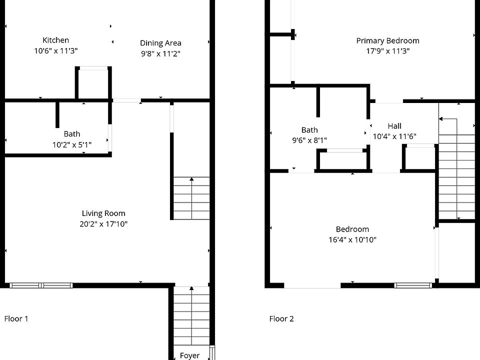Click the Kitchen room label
(55, 40)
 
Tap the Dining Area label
(160, 43)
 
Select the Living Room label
(103, 213)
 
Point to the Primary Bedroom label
(387, 40)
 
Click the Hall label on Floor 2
(394, 126)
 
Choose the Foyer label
(189, 355)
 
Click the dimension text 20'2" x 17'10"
(103, 224)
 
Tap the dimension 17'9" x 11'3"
(387, 50)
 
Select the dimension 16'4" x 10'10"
(352, 239)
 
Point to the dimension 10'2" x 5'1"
(72, 144)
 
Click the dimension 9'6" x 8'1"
(309, 140)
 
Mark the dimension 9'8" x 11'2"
(160, 53)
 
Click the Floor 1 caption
(16, 318)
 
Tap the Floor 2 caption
(281, 318)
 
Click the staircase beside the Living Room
(191, 198)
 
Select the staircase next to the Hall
(456, 170)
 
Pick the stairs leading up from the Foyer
(191, 315)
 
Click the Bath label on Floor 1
(72, 134)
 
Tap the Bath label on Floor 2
(309, 130)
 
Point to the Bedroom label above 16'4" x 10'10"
(352, 229)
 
